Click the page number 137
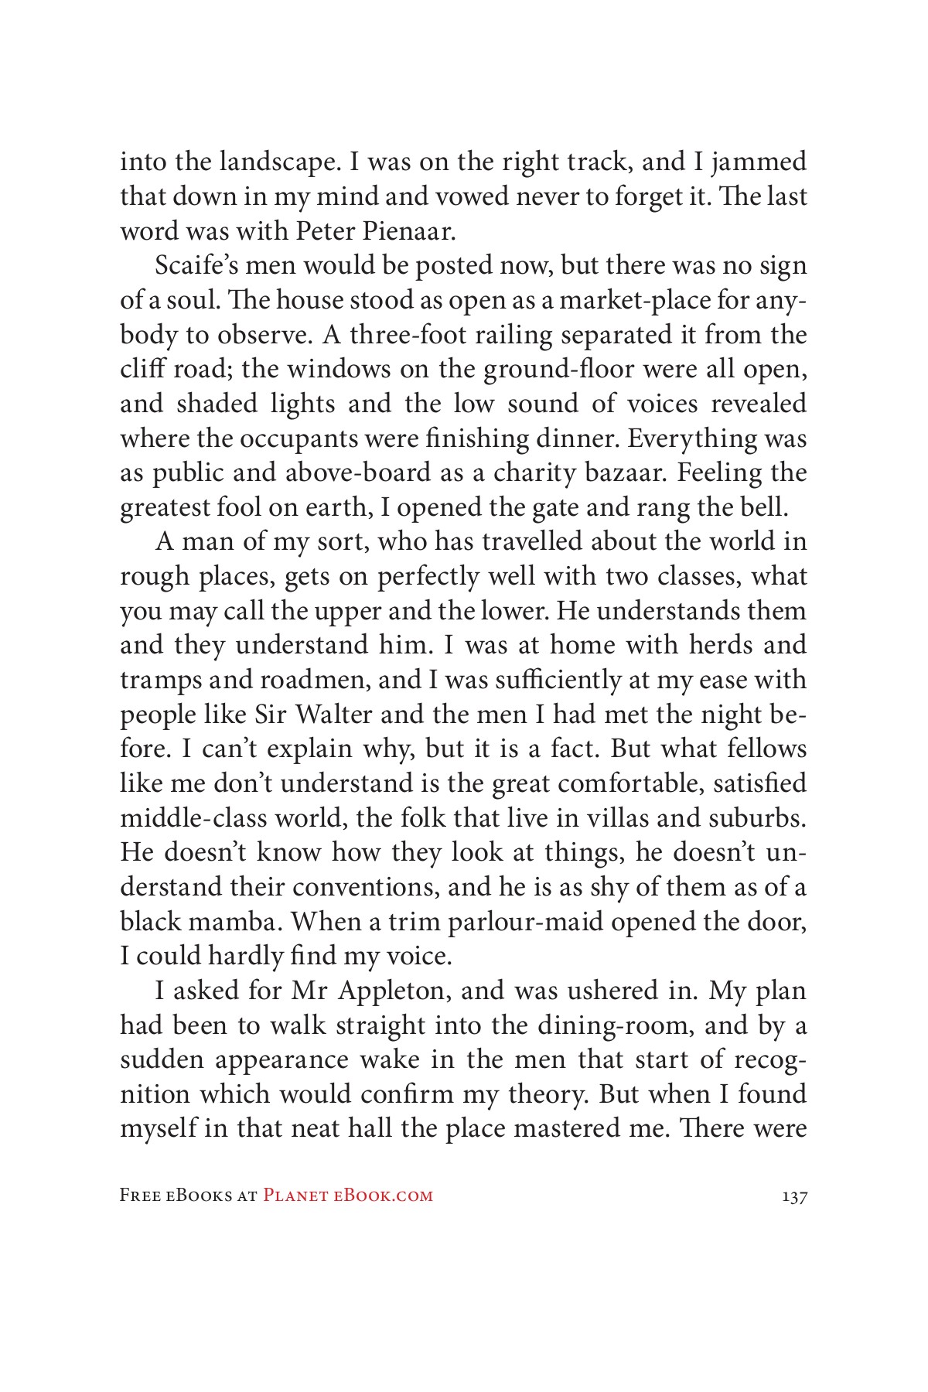pyautogui.click(x=794, y=1196)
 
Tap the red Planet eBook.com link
pyautogui.click(x=348, y=1196)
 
